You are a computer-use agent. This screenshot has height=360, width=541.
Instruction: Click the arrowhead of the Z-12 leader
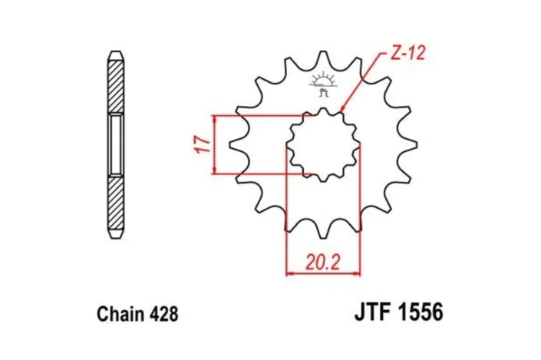click(x=341, y=112)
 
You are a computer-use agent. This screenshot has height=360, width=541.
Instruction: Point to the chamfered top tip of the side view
click(x=114, y=55)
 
